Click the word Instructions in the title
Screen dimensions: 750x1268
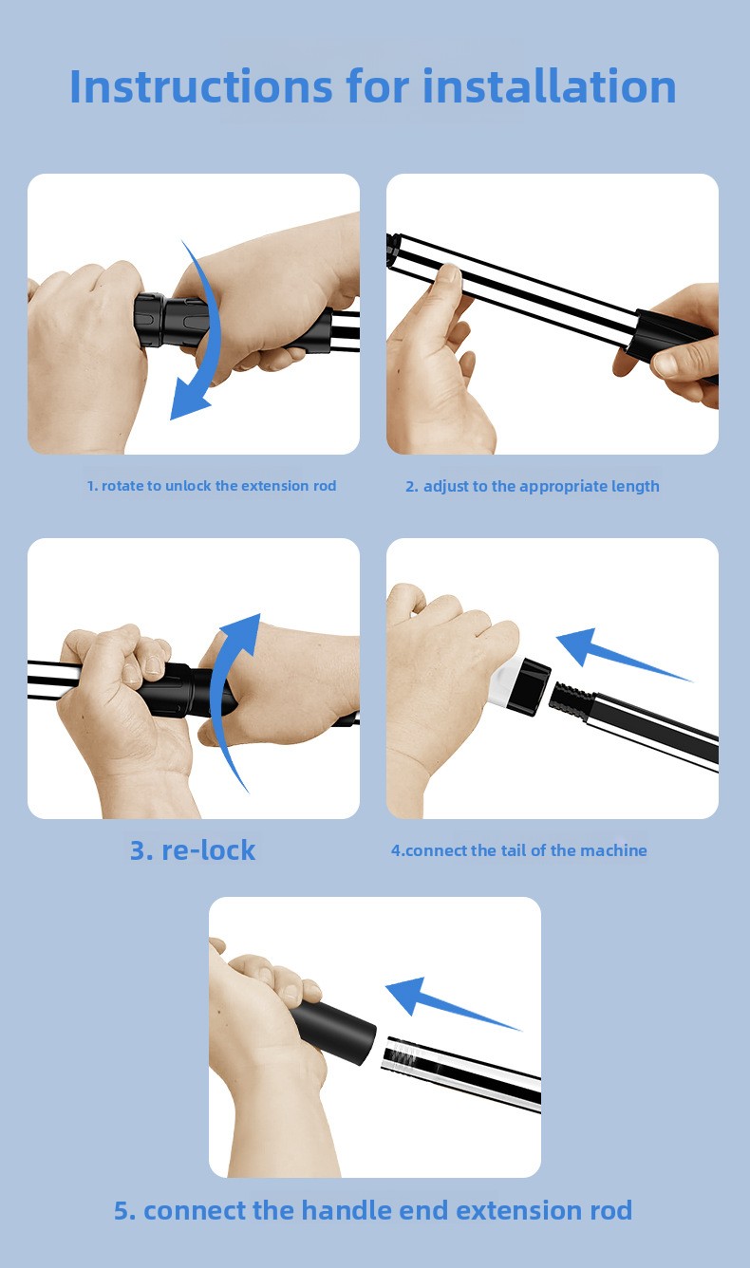click(x=201, y=86)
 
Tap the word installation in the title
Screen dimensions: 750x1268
click(x=549, y=85)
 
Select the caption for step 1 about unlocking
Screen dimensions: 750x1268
click(x=211, y=486)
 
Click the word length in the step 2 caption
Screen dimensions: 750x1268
click(x=635, y=487)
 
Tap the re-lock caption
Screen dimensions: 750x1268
click(x=193, y=850)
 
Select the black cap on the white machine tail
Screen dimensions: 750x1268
click(x=529, y=686)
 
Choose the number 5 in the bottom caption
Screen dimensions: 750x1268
click(x=124, y=1211)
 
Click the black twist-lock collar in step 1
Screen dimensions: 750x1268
click(x=171, y=320)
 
